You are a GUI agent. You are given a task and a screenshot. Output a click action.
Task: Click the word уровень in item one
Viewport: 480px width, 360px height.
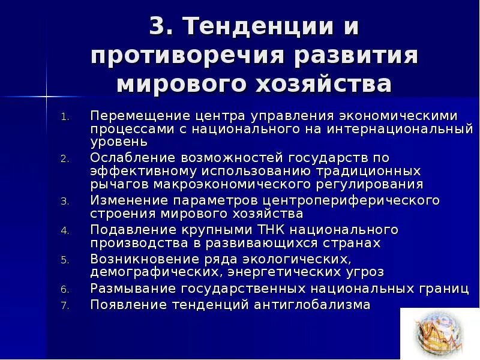(119, 142)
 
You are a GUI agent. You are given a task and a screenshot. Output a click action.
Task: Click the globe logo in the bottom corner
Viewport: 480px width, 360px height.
(439, 334)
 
